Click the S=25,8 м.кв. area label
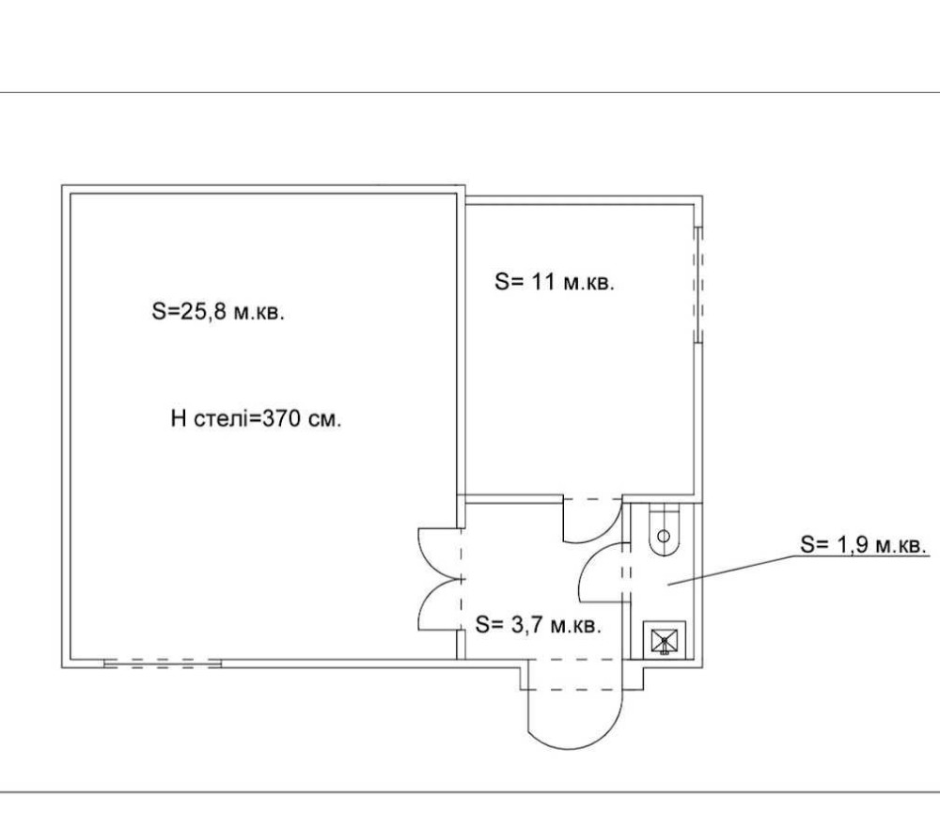218,312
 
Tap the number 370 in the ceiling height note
281,418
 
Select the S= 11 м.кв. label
555,281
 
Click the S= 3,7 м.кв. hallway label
538,624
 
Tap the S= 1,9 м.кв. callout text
864,544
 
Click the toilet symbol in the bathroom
664,530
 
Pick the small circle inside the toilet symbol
664,536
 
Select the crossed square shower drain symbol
665,640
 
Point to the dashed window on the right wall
698,284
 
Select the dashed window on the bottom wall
163,664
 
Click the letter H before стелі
179,418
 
